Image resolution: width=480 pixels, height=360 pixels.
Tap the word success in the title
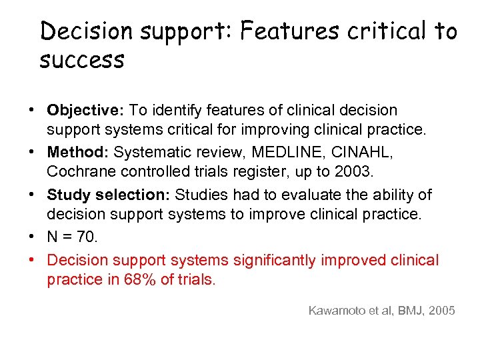point(82,61)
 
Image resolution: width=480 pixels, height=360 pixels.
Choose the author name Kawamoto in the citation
point(337,310)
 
